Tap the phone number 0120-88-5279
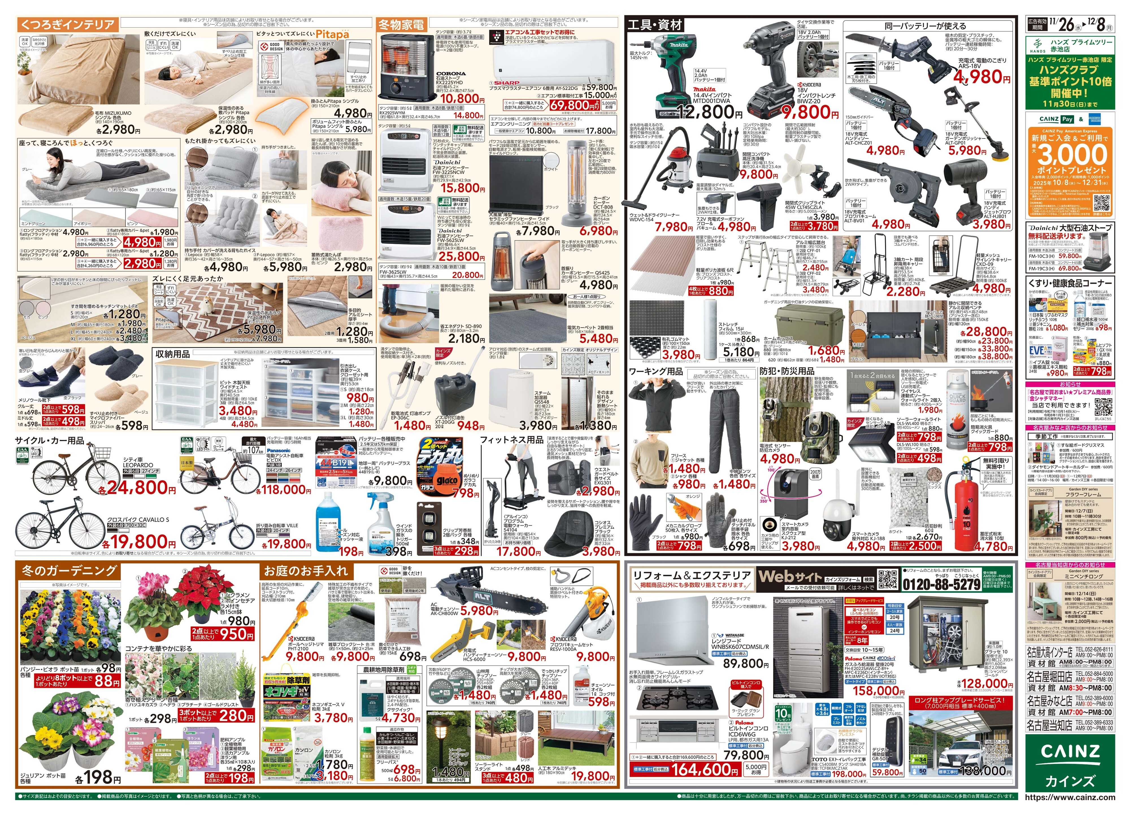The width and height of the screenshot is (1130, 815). click(x=941, y=584)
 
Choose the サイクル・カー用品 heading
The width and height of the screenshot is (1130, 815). click(x=50, y=441)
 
